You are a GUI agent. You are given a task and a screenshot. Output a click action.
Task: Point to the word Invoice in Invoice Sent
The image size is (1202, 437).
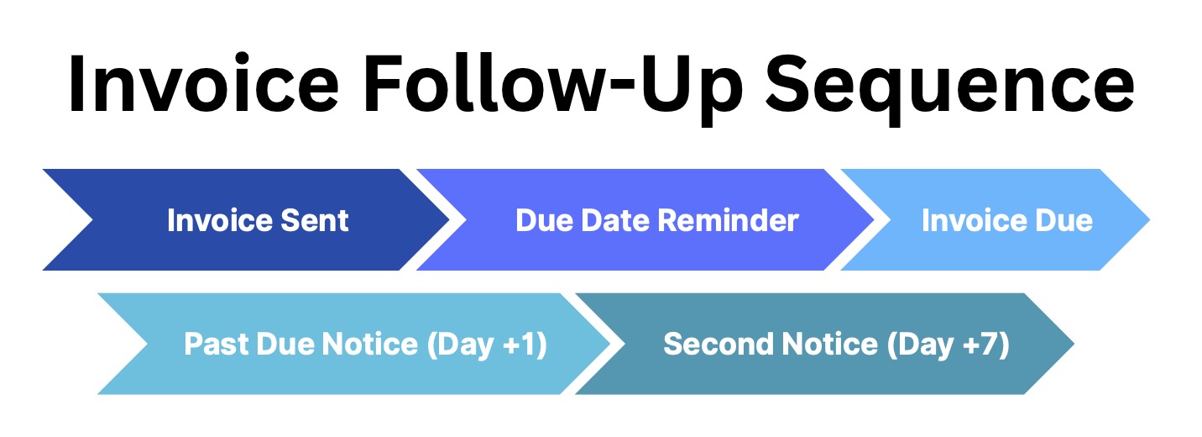(x=217, y=220)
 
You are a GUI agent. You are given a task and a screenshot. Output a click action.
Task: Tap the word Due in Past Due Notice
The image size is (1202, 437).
(x=286, y=344)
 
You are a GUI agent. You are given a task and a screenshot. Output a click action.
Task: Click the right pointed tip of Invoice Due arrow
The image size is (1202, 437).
(x=1146, y=220)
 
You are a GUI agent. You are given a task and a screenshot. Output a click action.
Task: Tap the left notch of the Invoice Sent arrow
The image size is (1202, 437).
(x=91, y=220)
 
